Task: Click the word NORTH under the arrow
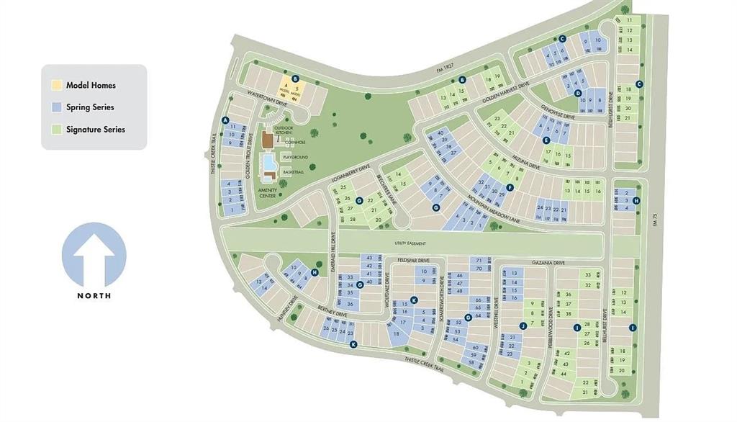pyautogui.click(x=94, y=295)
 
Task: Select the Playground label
pyautogui.click(x=295, y=157)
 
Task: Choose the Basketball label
pyautogui.click(x=294, y=172)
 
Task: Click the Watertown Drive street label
pyautogui.click(x=268, y=99)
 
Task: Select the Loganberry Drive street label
pyautogui.click(x=352, y=174)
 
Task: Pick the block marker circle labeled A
pyautogui.click(x=225, y=120)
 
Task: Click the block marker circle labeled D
pyautogui.click(x=578, y=93)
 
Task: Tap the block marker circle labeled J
pyautogui.click(x=523, y=326)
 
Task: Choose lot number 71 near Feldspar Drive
pyautogui.click(x=479, y=260)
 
